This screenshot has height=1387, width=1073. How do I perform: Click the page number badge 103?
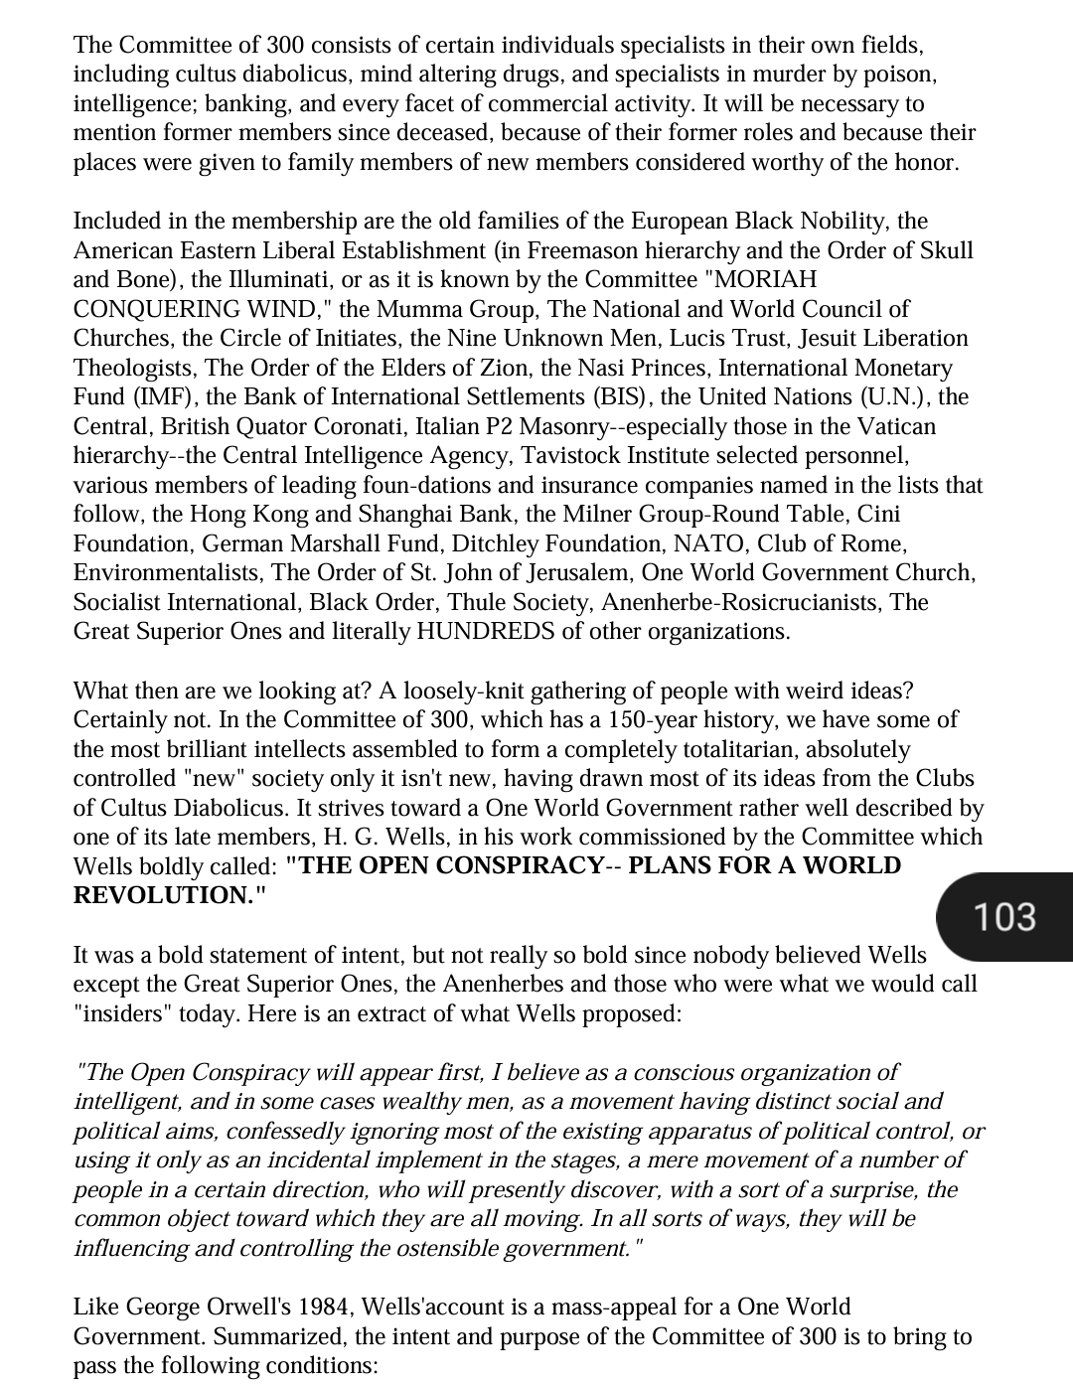point(1004,916)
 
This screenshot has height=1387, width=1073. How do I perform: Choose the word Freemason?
point(589,250)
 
